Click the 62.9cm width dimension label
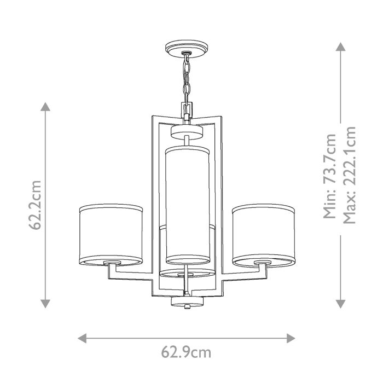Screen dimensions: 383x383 (x=186, y=352)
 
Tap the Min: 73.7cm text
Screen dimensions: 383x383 (x=330, y=176)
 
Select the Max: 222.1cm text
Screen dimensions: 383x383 (x=349, y=176)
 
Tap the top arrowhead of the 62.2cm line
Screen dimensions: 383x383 (x=45, y=106)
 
